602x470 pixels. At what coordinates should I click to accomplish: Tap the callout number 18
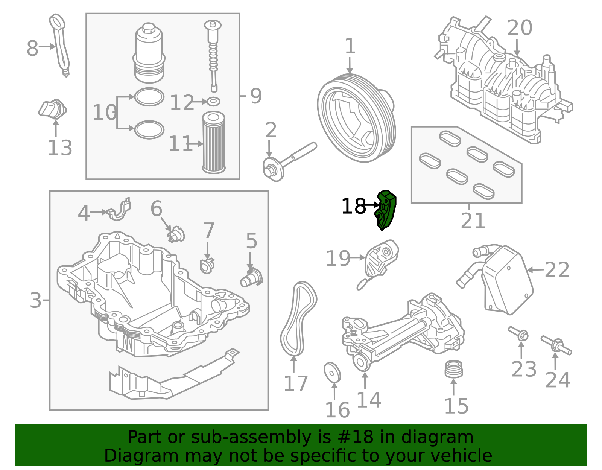pyautogui.click(x=353, y=207)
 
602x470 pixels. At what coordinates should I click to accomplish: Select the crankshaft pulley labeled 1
pyautogui.click(x=356, y=119)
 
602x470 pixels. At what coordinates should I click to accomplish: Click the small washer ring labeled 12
pyautogui.click(x=214, y=101)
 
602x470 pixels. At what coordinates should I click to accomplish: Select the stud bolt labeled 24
pyautogui.click(x=556, y=345)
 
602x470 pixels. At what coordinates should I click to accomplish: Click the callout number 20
pyautogui.click(x=520, y=28)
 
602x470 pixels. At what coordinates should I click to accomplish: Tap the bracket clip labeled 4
pyautogui.click(x=120, y=210)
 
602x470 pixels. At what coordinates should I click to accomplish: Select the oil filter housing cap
pyautogui.click(x=149, y=53)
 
